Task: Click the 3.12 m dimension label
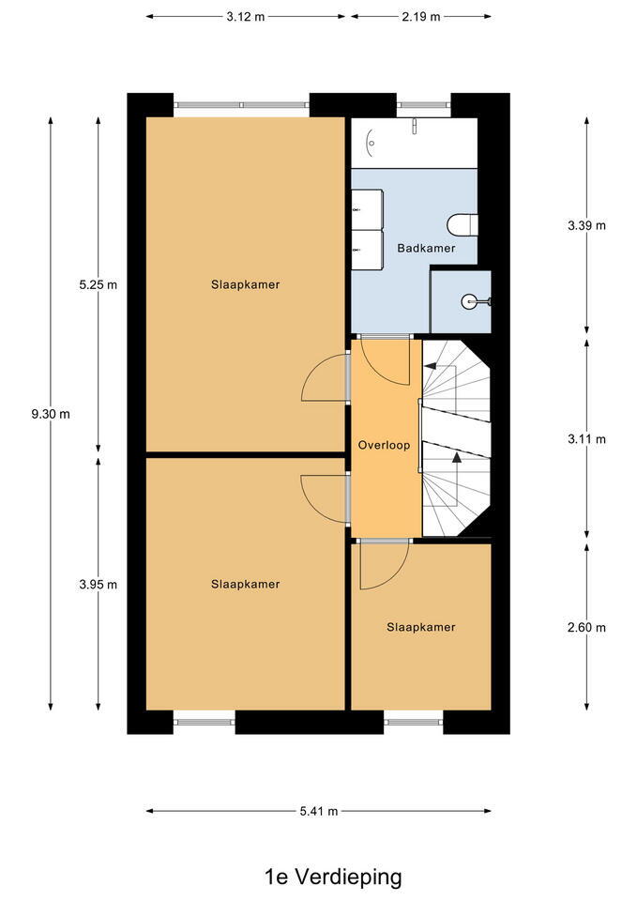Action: tap(245, 17)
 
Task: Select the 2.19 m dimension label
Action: tap(421, 17)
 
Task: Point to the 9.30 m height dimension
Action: tap(51, 414)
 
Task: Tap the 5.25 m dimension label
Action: tap(99, 284)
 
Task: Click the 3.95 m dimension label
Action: tap(99, 585)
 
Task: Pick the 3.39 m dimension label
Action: tap(586, 225)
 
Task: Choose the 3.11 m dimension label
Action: tap(586, 439)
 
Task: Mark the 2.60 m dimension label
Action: tap(586, 628)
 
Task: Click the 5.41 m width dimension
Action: tap(319, 811)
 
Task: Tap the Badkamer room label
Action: tap(426, 248)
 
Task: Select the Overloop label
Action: tap(384, 445)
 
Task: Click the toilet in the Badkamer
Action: tap(463, 224)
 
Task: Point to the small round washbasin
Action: tap(471, 300)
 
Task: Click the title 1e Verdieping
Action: tap(333, 877)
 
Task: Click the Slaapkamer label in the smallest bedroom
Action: tap(421, 627)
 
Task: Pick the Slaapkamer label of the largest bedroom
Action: tap(245, 284)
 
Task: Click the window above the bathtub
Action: tap(423, 105)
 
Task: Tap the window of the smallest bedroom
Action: tap(413, 722)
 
